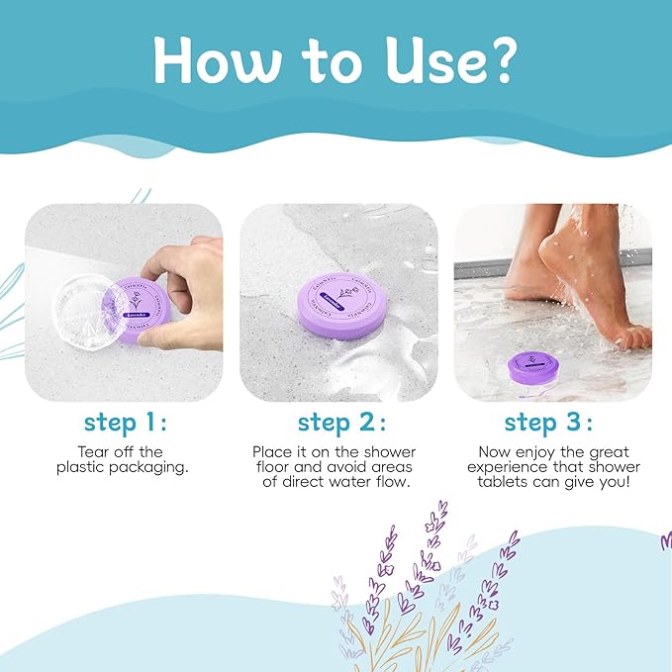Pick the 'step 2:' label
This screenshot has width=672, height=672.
337,423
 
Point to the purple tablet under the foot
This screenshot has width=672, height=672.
533,370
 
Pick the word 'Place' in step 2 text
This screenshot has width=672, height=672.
273,451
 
